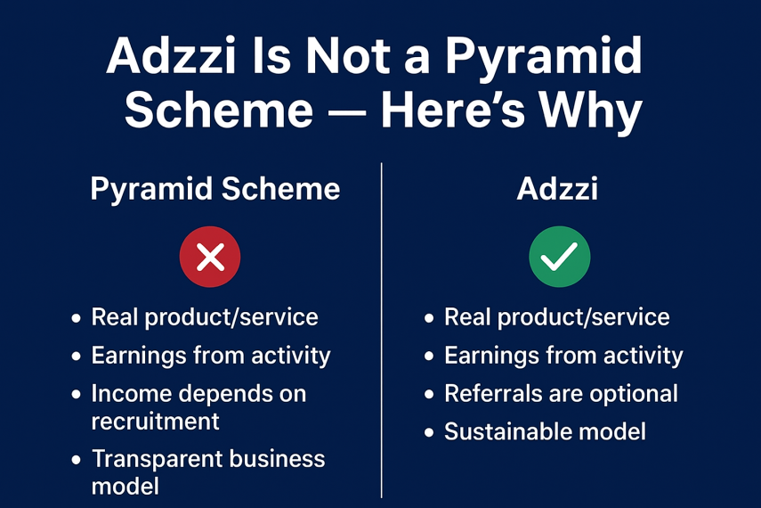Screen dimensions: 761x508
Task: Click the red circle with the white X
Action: coord(210,256)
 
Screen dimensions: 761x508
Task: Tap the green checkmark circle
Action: coord(560,256)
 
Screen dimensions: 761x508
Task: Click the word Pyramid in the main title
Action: coord(544,58)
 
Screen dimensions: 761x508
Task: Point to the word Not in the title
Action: coord(348,56)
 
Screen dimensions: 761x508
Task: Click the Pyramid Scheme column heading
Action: coord(215,190)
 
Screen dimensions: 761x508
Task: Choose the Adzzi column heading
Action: coord(557,188)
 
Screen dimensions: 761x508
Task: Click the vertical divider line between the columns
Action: coord(382,330)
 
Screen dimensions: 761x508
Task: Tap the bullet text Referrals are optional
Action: coord(561,394)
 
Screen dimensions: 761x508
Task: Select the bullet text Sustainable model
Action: coord(545,431)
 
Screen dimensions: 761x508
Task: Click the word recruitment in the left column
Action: coord(155,421)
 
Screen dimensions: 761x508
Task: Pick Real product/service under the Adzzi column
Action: coord(556,317)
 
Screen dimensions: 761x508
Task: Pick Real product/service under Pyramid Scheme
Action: coord(205,317)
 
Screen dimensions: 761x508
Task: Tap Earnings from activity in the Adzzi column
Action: coord(563,356)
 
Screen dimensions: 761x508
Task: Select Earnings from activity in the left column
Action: coord(211,356)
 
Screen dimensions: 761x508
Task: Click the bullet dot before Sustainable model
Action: coord(428,432)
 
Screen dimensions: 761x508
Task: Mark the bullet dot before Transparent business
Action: coord(77,460)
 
